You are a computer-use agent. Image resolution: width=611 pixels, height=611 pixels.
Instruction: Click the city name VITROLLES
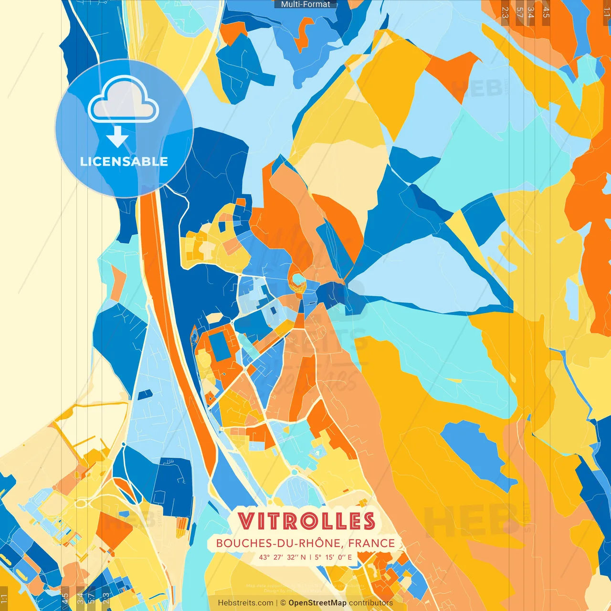tap(306, 521)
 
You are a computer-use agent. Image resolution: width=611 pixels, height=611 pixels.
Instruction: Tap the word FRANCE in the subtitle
tap(371, 543)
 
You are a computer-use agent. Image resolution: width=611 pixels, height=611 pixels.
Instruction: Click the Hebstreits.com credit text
tap(245, 603)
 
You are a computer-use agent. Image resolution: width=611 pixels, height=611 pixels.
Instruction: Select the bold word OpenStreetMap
tap(317, 603)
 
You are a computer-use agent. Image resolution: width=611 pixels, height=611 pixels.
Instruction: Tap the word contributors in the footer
tap(371, 603)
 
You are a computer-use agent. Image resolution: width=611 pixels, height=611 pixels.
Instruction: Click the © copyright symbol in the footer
tap(283, 603)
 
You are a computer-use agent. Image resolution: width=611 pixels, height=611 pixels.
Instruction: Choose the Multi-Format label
tap(305, 4)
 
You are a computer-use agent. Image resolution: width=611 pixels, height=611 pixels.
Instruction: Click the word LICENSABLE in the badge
tap(124, 161)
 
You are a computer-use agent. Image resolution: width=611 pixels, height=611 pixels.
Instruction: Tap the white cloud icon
tap(123, 100)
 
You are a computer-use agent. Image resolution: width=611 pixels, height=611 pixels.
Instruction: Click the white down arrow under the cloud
tap(117, 137)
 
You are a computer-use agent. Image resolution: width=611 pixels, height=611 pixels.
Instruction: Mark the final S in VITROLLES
tap(368, 521)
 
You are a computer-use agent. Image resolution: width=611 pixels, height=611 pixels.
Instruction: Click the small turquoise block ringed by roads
tap(298, 278)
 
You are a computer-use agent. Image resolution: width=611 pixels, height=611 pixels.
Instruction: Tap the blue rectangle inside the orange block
tap(220, 346)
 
